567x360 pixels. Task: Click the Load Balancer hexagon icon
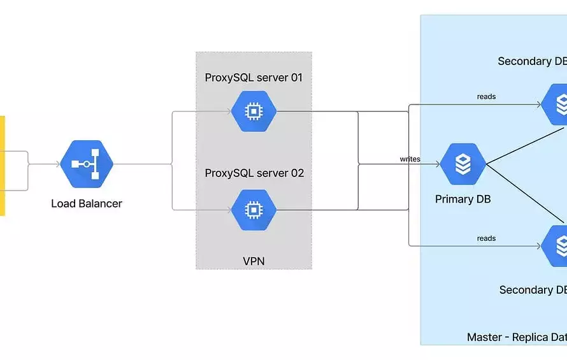[87, 164]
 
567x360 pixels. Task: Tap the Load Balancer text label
[87, 204]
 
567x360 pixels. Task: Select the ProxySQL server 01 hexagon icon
[254, 112]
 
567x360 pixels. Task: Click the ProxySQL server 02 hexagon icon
[254, 209]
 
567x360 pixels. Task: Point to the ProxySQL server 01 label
[254, 78]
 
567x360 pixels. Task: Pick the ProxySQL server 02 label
[254, 173]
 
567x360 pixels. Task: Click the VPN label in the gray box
[254, 261]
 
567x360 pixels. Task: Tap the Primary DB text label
[463, 199]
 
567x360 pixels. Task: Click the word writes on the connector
[410, 159]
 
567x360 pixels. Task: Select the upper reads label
[486, 97]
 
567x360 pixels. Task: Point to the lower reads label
[486, 238]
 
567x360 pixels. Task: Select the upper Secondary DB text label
[532, 61]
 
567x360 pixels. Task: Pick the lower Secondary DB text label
[533, 290]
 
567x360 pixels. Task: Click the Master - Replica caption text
[517, 337]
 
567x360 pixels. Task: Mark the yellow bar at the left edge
[2, 166]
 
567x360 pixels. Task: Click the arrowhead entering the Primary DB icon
[437, 164]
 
